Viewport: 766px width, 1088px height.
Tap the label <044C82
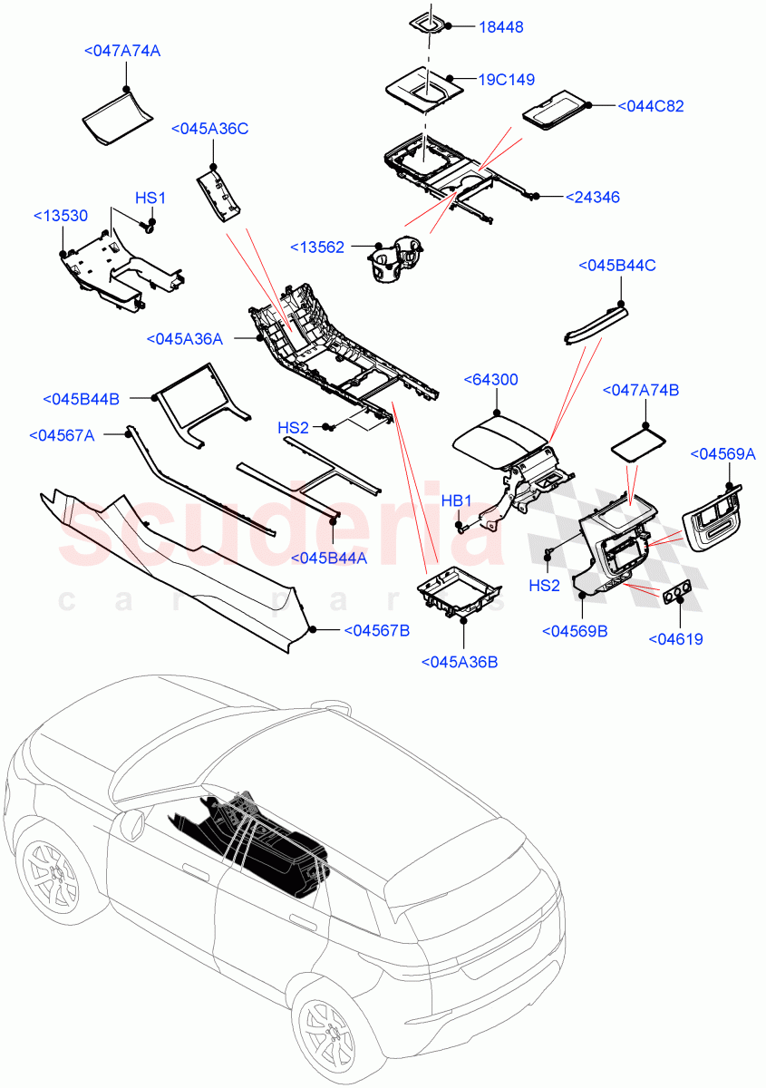(x=650, y=106)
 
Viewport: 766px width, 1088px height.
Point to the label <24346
(x=592, y=197)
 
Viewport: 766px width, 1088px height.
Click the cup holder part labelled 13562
(x=396, y=259)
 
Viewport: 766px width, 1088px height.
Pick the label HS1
(x=150, y=198)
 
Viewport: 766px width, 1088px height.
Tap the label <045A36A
(x=184, y=338)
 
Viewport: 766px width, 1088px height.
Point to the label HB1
(x=456, y=500)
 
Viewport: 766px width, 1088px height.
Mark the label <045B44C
(x=616, y=265)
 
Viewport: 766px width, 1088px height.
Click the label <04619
(x=675, y=639)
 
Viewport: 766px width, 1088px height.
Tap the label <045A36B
(x=460, y=662)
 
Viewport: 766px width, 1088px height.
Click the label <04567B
(x=376, y=630)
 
